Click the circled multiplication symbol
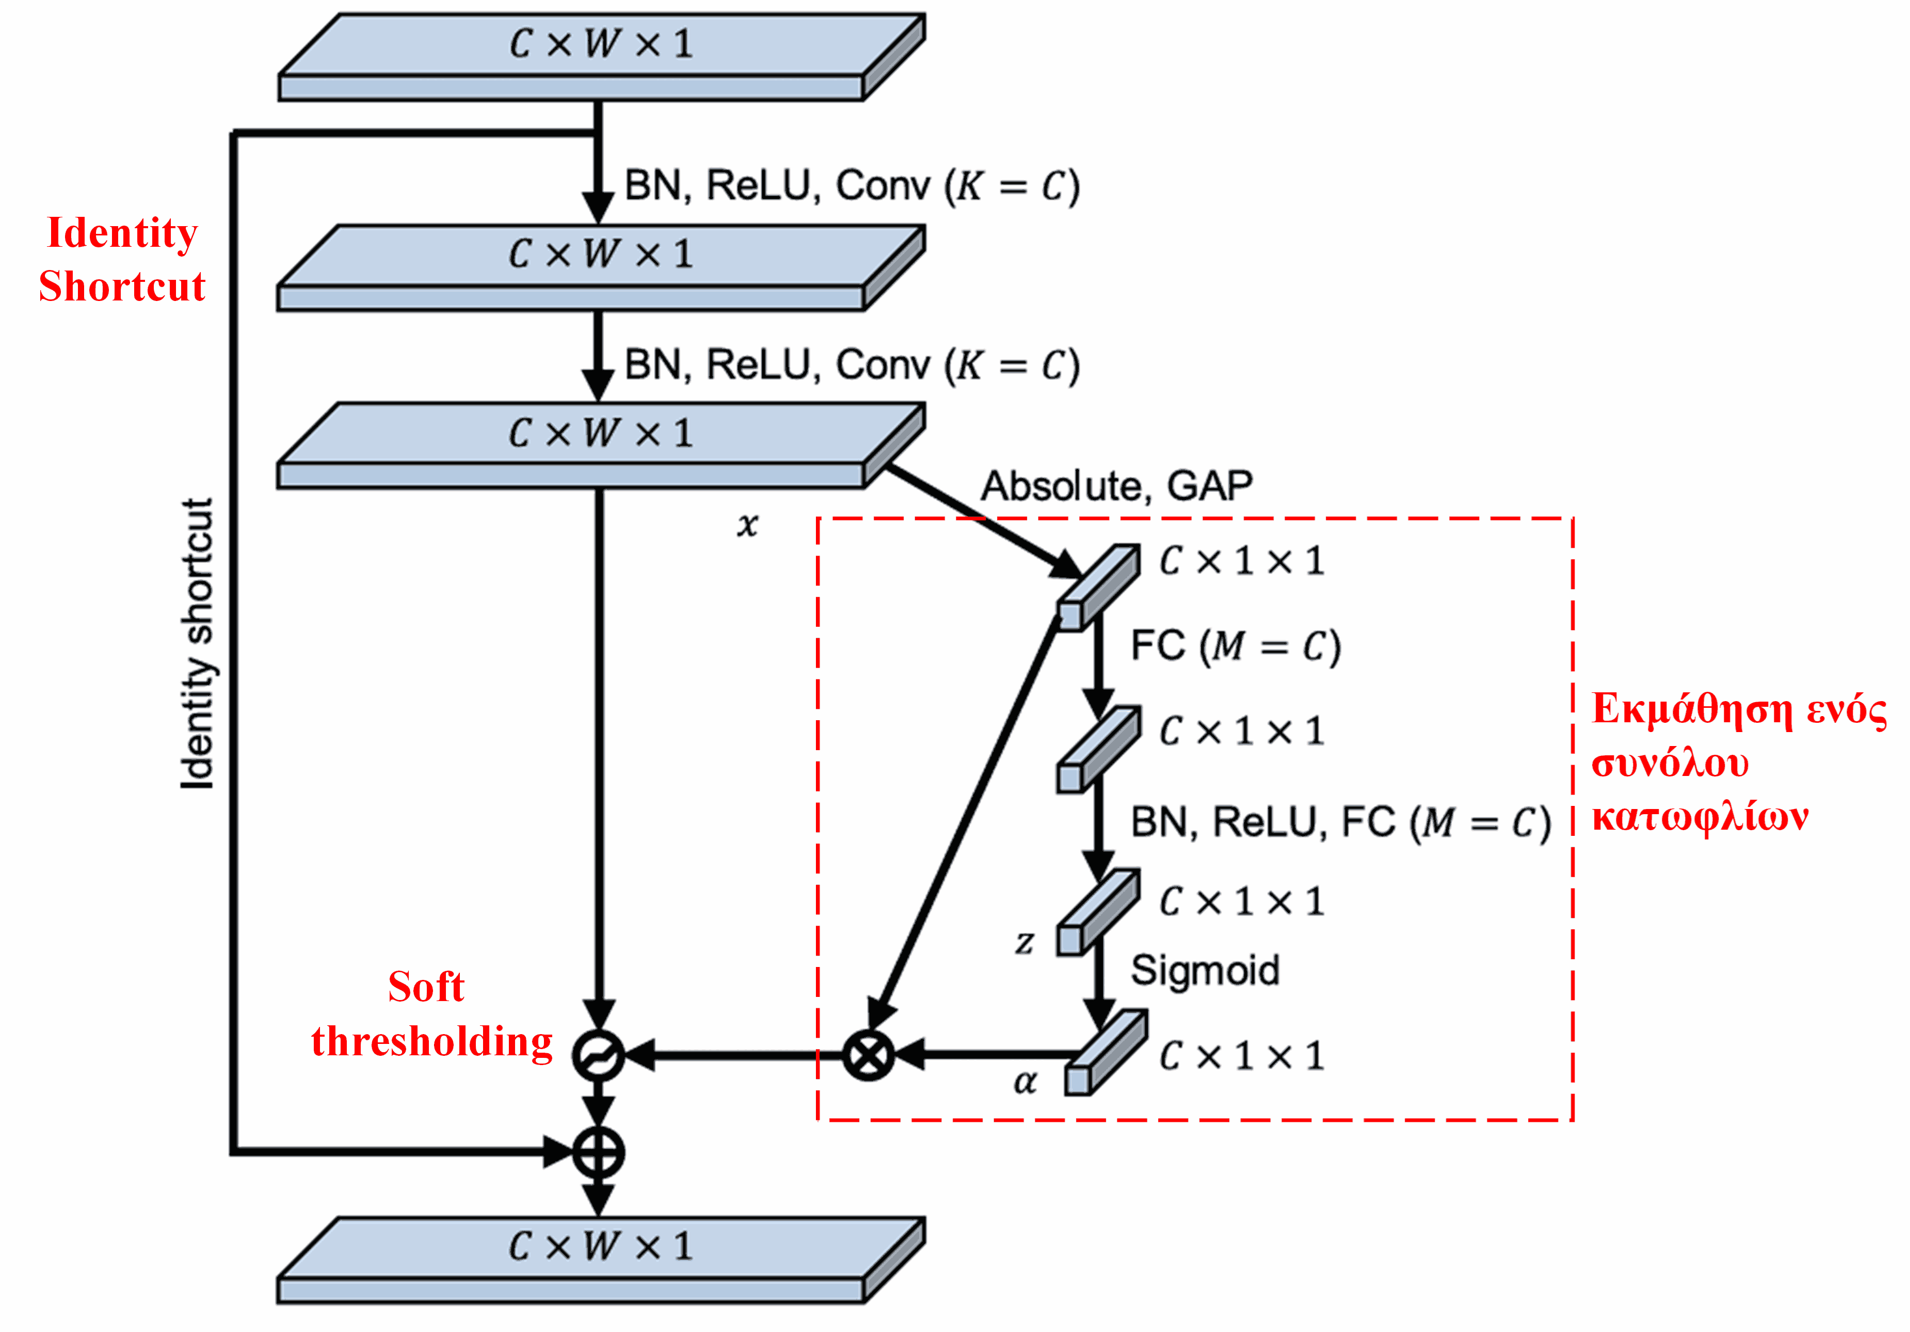[868, 1055]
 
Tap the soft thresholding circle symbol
[598, 1055]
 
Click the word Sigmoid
[1205, 970]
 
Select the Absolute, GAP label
[1116, 486]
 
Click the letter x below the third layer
[747, 524]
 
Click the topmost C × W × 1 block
[601, 57]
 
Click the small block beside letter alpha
[1105, 1053]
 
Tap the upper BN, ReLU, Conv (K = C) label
[852, 185]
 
